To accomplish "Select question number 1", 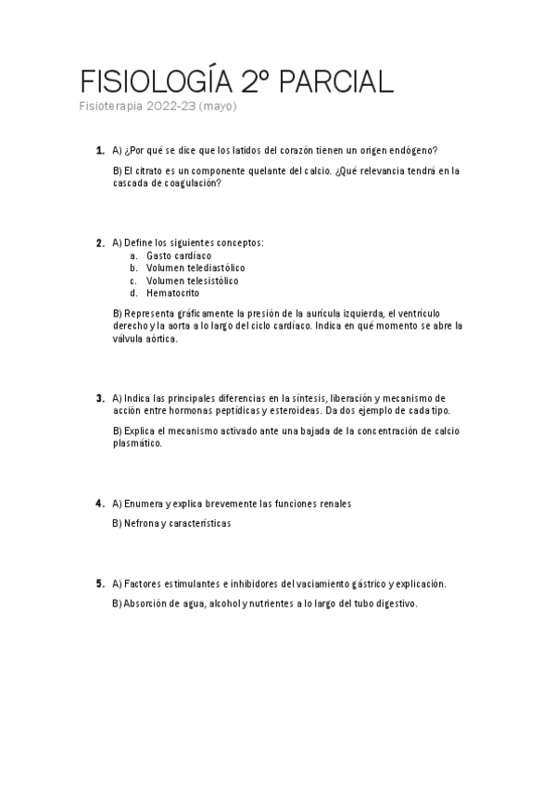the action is (x=99, y=150).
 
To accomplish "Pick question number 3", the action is (x=99, y=398).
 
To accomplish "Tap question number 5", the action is (x=99, y=583).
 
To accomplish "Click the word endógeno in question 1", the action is (x=416, y=150).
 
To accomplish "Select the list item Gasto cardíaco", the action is (x=179, y=255).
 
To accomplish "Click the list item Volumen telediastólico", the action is (x=196, y=268).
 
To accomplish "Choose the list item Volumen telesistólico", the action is (x=192, y=280).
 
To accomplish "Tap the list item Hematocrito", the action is (x=173, y=293).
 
